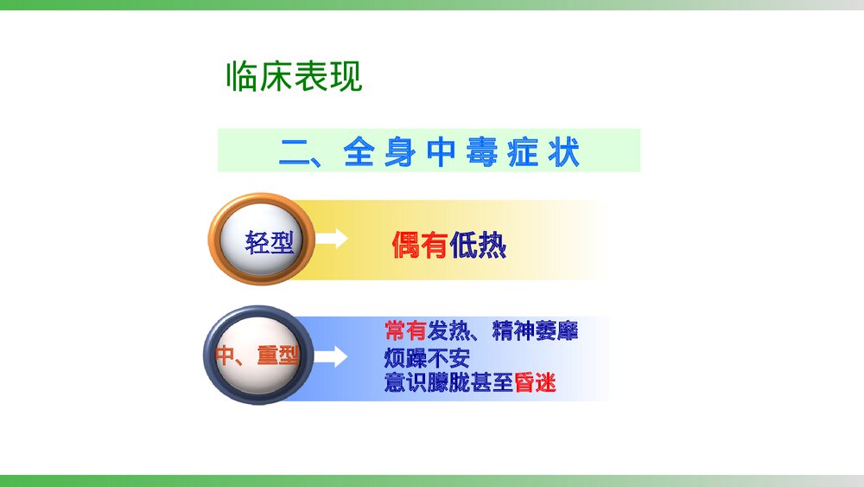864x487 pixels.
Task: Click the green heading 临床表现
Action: pyautogui.click(x=294, y=78)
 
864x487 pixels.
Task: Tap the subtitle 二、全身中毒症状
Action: pyautogui.click(x=429, y=152)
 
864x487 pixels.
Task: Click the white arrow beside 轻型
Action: pyautogui.click(x=331, y=240)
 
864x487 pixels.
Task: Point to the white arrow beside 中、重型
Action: pyautogui.click(x=331, y=356)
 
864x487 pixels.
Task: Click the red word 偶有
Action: pyautogui.click(x=419, y=247)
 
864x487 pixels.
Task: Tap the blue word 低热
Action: pyautogui.click(x=478, y=247)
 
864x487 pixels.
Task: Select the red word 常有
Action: pyautogui.click(x=405, y=330)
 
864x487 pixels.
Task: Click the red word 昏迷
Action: pyautogui.click(x=535, y=383)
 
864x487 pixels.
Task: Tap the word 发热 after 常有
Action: pyautogui.click(x=448, y=330)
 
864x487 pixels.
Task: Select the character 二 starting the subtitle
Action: pyautogui.click(x=294, y=152)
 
